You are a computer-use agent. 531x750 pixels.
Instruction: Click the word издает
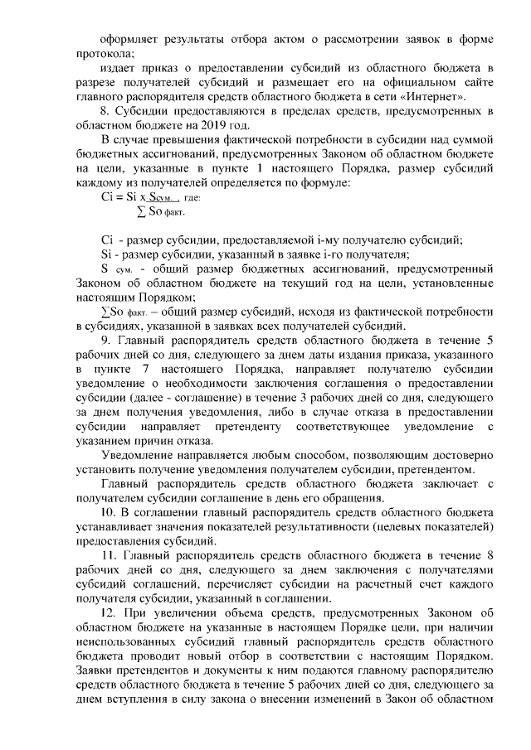(x=117, y=68)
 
